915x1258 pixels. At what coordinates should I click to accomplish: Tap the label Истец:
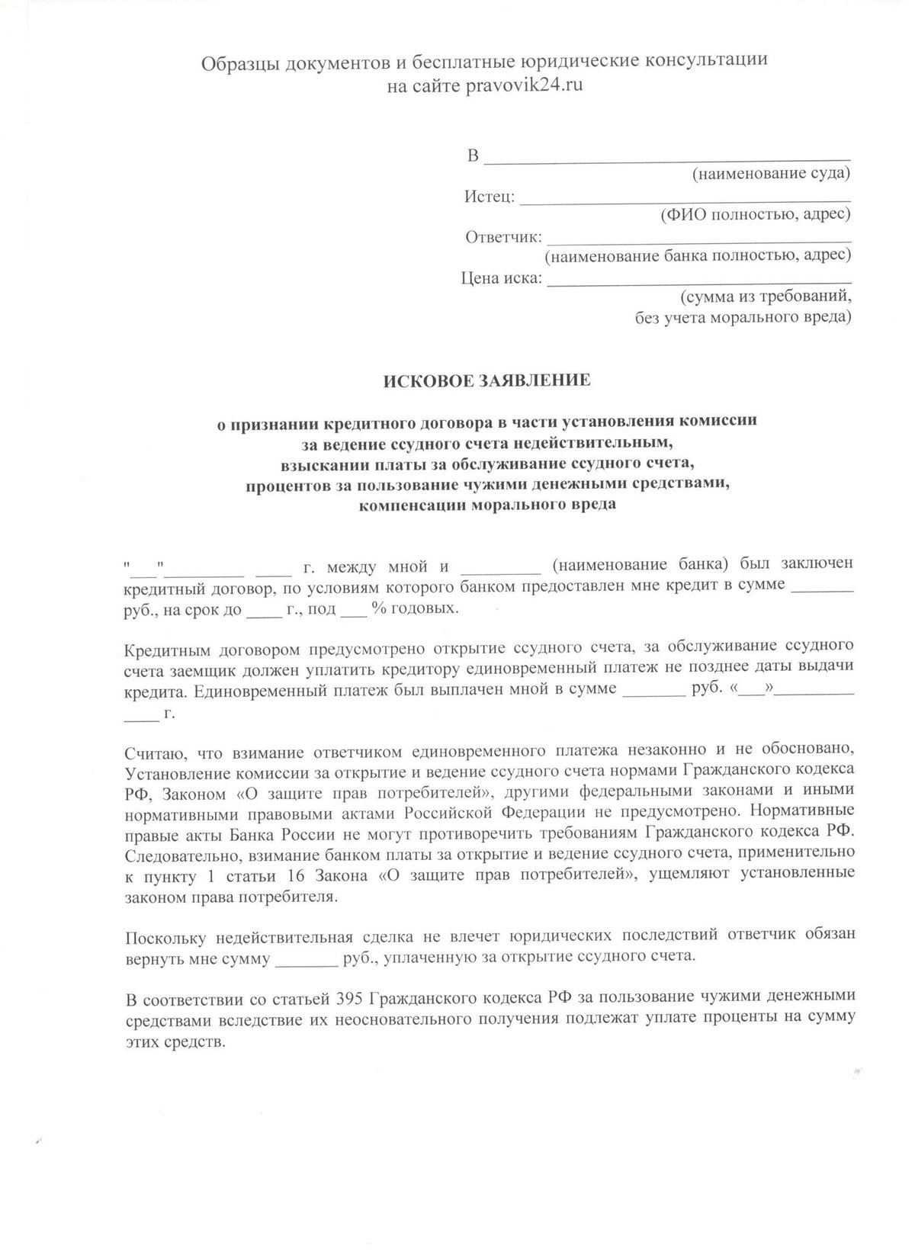click(490, 197)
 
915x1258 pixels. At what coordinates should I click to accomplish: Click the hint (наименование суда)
click(771, 175)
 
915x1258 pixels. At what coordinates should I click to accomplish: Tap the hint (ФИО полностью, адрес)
click(756, 215)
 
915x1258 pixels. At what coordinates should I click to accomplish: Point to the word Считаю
click(151, 754)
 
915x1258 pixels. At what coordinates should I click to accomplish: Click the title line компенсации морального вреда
click(486, 505)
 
